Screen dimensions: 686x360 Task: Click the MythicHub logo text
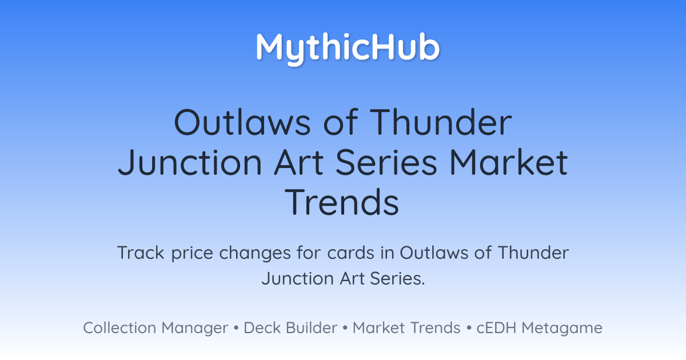pos(348,49)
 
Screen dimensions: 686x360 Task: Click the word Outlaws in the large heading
pos(242,122)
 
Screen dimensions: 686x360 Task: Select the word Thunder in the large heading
pos(441,122)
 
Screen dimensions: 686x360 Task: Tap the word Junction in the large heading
pos(190,162)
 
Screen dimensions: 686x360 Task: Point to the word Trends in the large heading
pos(342,202)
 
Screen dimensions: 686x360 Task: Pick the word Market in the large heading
pos(508,162)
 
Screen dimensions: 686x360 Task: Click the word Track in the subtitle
pos(141,253)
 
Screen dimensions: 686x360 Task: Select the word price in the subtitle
pos(192,254)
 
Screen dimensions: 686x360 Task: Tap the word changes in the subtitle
pos(255,254)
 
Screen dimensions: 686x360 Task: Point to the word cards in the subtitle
pos(350,253)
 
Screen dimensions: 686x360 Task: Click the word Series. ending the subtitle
pos(397,279)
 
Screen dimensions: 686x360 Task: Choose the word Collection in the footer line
pos(119,327)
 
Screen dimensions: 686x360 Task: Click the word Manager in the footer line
pos(195,329)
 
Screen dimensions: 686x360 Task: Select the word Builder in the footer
pos(312,327)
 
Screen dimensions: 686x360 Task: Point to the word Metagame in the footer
pos(562,329)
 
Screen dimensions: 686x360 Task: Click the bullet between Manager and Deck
pos(236,328)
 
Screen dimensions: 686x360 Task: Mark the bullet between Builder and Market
pos(345,328)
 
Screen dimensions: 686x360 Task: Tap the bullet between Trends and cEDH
pos(469,328)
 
